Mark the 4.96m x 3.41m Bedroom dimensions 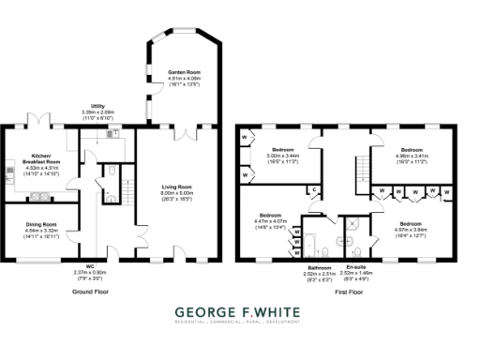[413, 158]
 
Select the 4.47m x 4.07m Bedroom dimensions [270, 222]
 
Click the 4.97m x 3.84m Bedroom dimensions [410, 228]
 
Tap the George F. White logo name [240, 311]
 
